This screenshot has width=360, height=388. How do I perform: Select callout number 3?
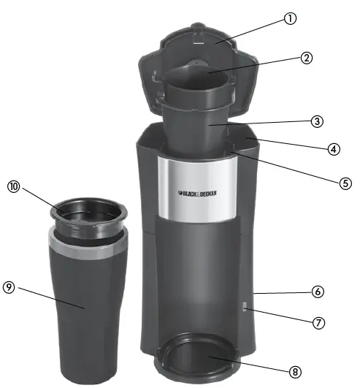point(317,121)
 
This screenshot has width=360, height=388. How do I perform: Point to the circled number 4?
point(333,148)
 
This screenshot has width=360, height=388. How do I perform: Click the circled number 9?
point(9,287)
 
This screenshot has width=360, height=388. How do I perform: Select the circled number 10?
point(12,186)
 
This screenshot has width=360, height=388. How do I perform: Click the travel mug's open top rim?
point(88,211)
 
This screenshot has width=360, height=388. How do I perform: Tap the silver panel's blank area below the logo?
point(198,208)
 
